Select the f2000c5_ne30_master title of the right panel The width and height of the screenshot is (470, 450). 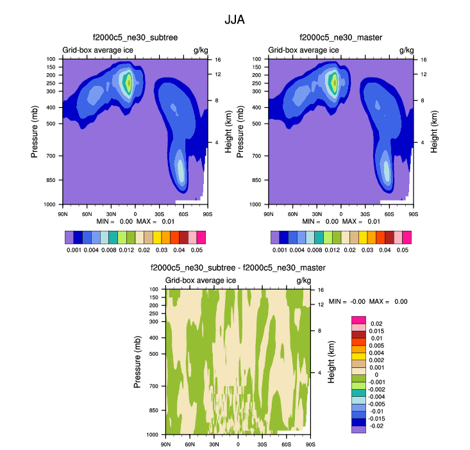tap(340, 38)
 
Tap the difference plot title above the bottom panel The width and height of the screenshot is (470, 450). tap(238, 268)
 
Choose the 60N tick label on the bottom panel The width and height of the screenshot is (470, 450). tap(190, 444)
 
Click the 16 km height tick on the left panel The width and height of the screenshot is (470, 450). tap(217, 59)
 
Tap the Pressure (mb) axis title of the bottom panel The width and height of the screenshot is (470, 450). tap(138, 362)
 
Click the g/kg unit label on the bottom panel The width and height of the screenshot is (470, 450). tap(303, 281)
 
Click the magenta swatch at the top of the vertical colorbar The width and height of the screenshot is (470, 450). tap(358, 319)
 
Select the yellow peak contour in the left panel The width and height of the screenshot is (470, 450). tap(129, 82)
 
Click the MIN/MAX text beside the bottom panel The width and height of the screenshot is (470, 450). tap(368, 301)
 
